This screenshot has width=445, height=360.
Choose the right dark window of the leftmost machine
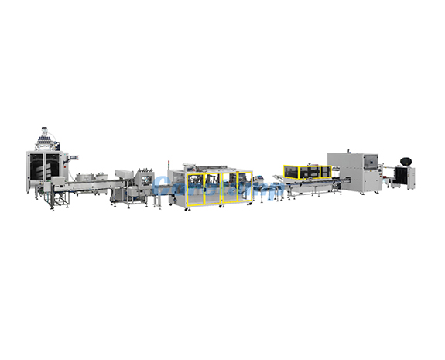[49, 166]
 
